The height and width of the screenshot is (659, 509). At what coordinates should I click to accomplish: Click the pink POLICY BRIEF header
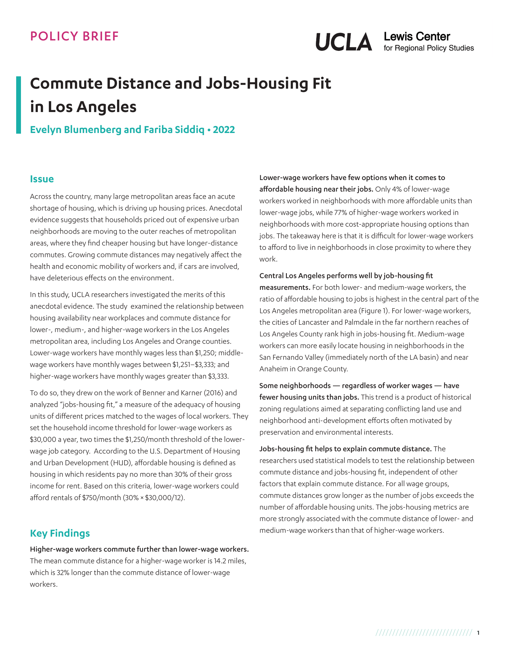pyautogui.click(x=74, y=36)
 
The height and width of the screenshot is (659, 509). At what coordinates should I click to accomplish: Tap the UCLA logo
pyautogui.click(x=343, y=42)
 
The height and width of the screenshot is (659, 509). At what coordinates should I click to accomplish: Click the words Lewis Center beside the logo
pyautogui.click(x=417, y=37)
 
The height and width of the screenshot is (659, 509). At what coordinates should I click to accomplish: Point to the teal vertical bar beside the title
pyautogui.click(x=19, y=105)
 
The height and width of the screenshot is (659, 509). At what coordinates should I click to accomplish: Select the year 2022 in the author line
pyautogui.click(x=224, y=130)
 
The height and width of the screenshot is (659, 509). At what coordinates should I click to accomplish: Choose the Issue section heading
pyautogui.click(x=42, y=179)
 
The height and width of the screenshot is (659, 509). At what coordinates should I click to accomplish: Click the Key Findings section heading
pyautogui.click(x=60, y=533)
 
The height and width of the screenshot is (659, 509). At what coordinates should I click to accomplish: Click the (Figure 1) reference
pyautogui.click(x=373, y=311)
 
